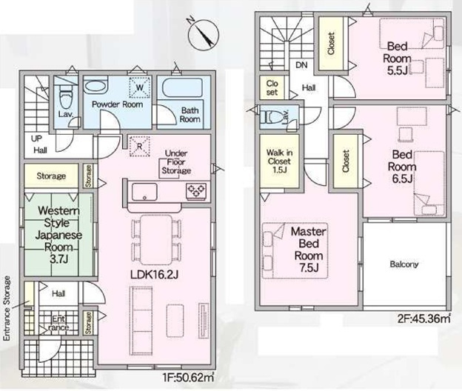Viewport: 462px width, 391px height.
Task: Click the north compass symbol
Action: pos(204,33)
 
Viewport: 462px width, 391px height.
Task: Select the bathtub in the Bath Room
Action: pos(183,87)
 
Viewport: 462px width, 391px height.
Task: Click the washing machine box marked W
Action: pos(140,87)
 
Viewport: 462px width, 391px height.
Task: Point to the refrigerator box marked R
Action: pos(140,146)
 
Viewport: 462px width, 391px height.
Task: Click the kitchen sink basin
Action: pos(144,192)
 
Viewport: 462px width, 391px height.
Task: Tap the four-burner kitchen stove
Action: pos(196,191)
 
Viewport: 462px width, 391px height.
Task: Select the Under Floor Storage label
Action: pos(176,162)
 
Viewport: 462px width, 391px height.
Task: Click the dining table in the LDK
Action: pos(156,240)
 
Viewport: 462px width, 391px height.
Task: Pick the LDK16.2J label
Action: pos(155,275)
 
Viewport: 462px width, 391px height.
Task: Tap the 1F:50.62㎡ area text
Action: pos(188,378)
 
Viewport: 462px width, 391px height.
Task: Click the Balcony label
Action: pos(404,264)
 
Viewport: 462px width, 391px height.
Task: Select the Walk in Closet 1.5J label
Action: pos(279,161)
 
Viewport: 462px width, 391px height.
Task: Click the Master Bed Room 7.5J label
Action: pos(309,250)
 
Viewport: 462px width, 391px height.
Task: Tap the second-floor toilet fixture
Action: pos(272,116)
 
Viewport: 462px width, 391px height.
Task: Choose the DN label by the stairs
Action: pos(301,65)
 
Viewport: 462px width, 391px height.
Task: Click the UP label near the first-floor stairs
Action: pos(36,138)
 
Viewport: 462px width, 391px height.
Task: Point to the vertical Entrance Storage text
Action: pos(7,309)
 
